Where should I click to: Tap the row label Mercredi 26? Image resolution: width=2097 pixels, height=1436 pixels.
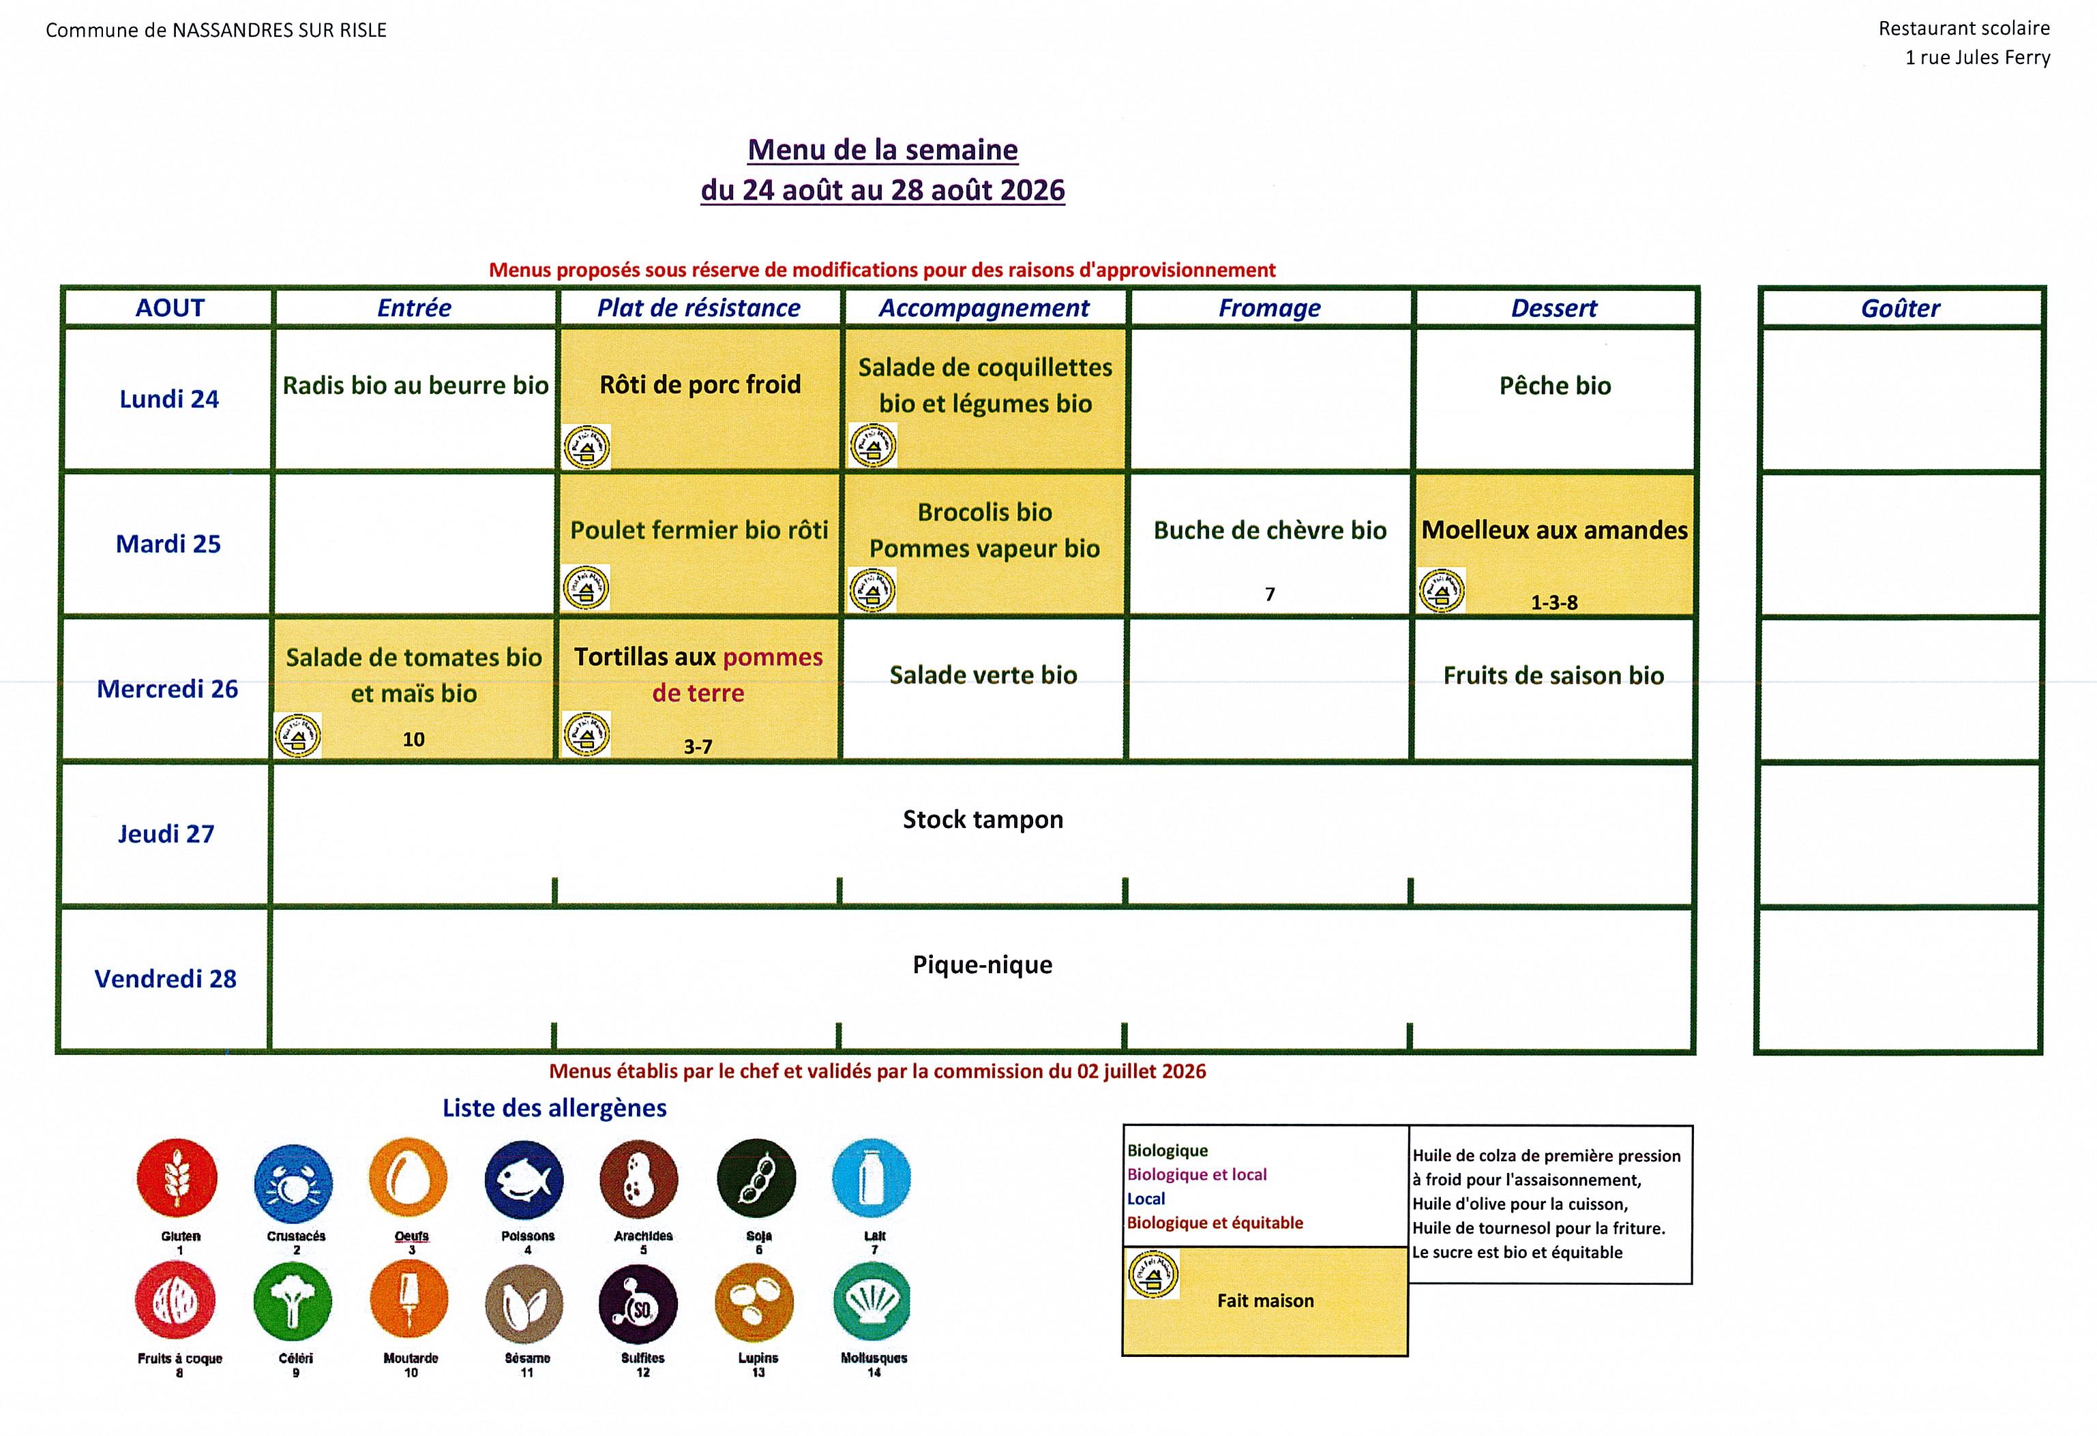tap(168, 689)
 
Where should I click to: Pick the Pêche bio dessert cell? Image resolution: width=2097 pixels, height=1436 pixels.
tap(1555, 386)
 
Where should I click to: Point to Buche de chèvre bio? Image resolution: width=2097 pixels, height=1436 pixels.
tap(1270, 530)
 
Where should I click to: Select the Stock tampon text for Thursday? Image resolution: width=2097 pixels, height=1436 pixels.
tap(983, 820)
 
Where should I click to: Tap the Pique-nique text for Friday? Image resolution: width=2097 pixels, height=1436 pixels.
tap(983, 965)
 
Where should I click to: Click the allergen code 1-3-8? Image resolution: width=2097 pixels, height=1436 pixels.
tap(1553, 602)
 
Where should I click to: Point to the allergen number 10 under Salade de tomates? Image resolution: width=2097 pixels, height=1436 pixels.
tap(413, 739)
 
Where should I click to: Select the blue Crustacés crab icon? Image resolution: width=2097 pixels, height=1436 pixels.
tap(293, 1182)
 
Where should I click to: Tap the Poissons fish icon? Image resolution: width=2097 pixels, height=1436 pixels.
tap(524, 1180)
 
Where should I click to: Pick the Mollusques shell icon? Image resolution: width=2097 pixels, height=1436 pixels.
tap(872, 1302)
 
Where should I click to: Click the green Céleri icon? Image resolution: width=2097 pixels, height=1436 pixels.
tap(293, 1302)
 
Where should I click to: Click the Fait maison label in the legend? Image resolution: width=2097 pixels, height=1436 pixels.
tap(1265, 1300)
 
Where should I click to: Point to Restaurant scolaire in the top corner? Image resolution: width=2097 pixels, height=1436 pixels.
tap(1963, 29)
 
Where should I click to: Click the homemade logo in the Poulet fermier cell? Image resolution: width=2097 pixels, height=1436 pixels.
tap(586, 588)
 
